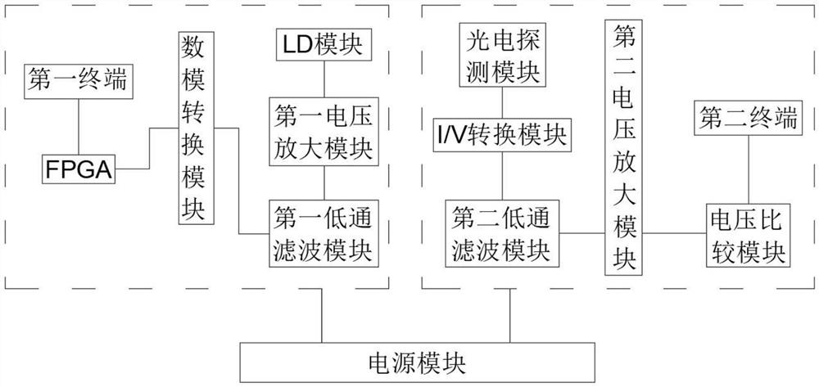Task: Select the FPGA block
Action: (79, 169)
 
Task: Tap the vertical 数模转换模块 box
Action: (194, 128)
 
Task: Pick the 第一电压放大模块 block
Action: (324, 132)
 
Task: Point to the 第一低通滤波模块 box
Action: (324, 232)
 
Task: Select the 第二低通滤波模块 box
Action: (500, 232)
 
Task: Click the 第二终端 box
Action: (748, 119)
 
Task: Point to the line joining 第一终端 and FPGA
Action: (79, 126)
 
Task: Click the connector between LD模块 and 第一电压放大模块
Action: (324, 78)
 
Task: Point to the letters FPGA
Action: (79, 169)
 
